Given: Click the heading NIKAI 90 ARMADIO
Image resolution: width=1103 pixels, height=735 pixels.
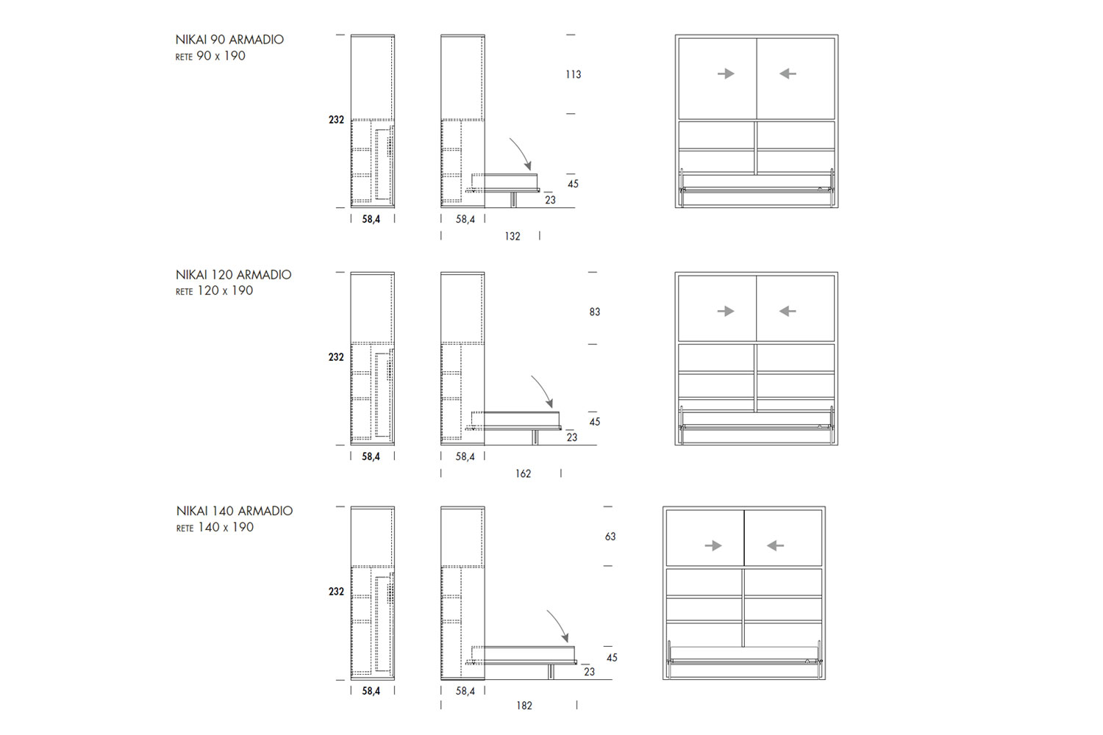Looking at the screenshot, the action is tap(229, 40).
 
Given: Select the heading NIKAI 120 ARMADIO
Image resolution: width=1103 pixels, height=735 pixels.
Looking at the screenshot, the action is tap(233, 274).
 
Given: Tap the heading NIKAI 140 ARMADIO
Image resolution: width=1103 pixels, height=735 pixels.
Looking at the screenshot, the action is tap(235, 511).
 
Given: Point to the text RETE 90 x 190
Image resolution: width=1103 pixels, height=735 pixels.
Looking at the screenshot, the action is tap(210, 56).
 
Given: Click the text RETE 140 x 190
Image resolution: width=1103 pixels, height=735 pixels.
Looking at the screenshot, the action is tap(215, 527).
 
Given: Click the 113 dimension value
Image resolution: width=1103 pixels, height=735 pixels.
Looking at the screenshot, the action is tap(573, 74).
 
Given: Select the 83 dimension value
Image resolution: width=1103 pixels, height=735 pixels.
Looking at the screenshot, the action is tap(595, 312).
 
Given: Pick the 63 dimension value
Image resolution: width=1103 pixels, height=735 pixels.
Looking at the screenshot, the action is tap(610, 537).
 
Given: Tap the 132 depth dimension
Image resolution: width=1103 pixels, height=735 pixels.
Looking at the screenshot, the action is tap(513, 237).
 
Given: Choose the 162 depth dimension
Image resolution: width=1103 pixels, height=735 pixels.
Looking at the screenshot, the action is tap(524, 473).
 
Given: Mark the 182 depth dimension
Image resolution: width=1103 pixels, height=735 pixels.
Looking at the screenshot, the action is tap(524, 706).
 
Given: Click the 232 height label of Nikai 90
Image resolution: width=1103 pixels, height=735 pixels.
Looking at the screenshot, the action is tap(336, 120).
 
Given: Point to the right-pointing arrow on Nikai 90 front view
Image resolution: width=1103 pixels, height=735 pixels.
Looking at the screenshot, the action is tap(726, 73).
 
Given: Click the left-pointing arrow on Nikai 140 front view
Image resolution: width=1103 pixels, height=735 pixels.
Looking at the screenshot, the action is tap(776, 545).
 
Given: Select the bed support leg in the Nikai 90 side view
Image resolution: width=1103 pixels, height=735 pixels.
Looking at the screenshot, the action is tap(513, 199).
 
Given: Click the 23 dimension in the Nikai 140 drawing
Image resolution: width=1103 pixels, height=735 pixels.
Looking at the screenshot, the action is tap(590, 672).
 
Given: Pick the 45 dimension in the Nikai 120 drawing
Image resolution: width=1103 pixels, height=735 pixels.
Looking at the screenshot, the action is tap(595, 422).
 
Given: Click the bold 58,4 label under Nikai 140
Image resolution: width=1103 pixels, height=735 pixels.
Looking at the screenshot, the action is tap(371, 691).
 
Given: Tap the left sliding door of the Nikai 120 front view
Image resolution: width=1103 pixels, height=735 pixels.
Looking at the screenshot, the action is tap(717, 308).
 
